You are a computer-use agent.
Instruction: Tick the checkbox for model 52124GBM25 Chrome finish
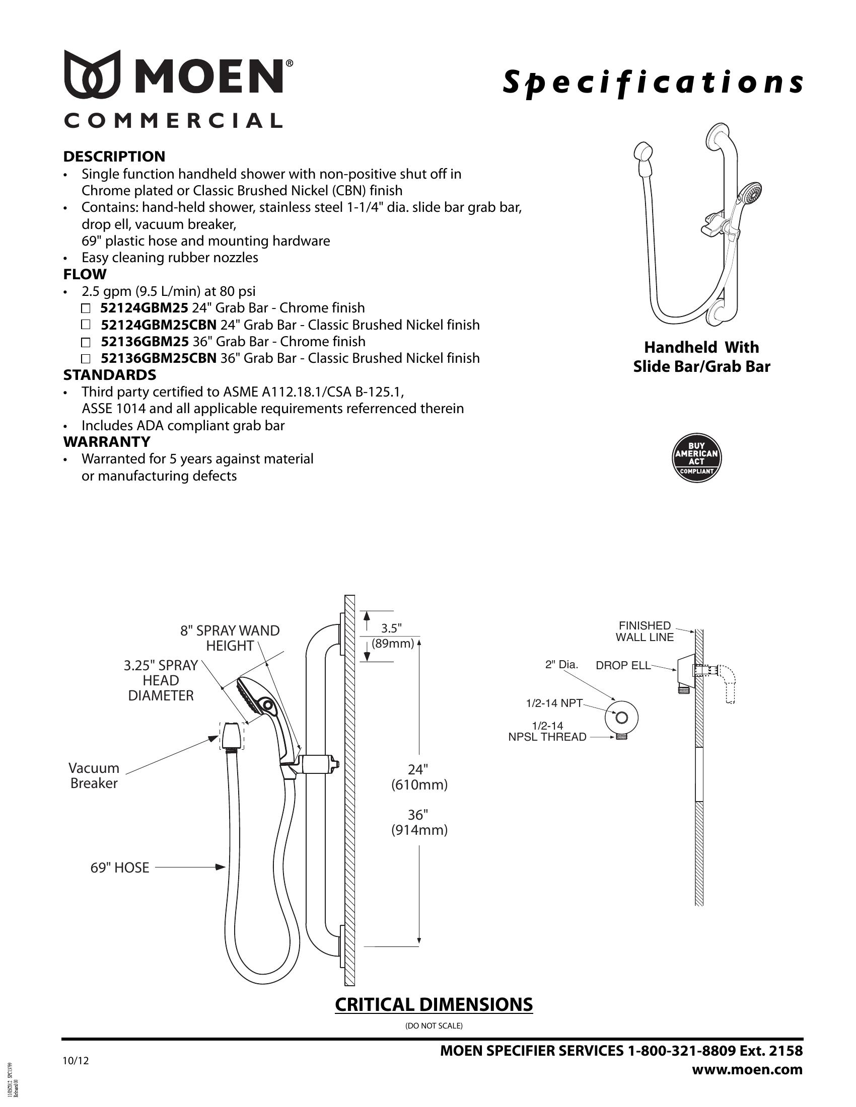(x=86, y=308)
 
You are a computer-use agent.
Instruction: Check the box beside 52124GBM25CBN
(x=86, y=325)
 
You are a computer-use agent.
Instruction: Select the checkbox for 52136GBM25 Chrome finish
(x=86, y=342)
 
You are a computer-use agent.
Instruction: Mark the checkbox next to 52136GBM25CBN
(x=86, y=359)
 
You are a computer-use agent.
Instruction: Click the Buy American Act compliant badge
(x=696, y=458)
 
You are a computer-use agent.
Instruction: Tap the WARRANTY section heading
(x=106, y=442)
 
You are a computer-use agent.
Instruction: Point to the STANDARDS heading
(x=110, y=375)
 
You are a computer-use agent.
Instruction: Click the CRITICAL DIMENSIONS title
(x=434, y=1005)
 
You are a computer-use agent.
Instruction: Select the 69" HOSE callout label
(x=120, y=868)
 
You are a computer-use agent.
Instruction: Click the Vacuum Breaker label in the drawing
(x=94, y=775)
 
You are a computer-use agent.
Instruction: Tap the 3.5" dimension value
(x=391, y=628)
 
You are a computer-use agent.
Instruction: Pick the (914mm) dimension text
(x=419, y=830)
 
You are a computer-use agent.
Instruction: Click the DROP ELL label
(x=623, y=666)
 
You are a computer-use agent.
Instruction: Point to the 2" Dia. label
(x=561, y=665)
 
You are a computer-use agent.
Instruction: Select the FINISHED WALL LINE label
(x=645, y=631)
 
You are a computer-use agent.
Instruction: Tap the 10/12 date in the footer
(x=75, y=1060)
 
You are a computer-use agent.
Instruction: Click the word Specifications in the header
(x=653, y=83)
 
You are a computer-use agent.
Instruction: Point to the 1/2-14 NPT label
(x=554, y=703)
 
